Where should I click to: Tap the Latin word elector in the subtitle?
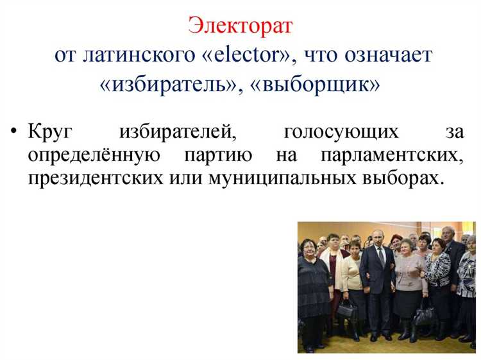245,55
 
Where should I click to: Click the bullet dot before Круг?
14,133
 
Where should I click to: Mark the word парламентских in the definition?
394,155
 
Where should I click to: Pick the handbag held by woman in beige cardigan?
347,310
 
